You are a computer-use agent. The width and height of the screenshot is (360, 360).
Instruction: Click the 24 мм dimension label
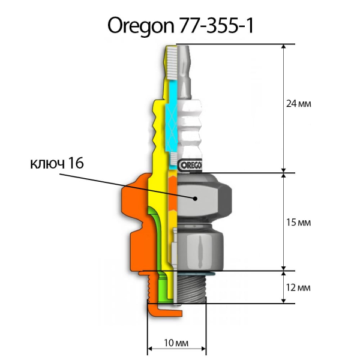pos(298,104)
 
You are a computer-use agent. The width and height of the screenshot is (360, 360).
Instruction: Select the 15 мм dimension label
pos(298,222)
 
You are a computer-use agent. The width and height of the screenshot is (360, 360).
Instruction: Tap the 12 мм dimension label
pos(298,287)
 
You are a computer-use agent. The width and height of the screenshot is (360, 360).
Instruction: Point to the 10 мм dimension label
pos(176,343)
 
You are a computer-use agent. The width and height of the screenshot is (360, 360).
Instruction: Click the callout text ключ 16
pos(56,163)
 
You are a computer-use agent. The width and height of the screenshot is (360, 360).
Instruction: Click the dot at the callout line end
pos(196,197)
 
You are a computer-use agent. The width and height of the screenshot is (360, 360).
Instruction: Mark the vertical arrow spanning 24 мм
pos(283,108)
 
